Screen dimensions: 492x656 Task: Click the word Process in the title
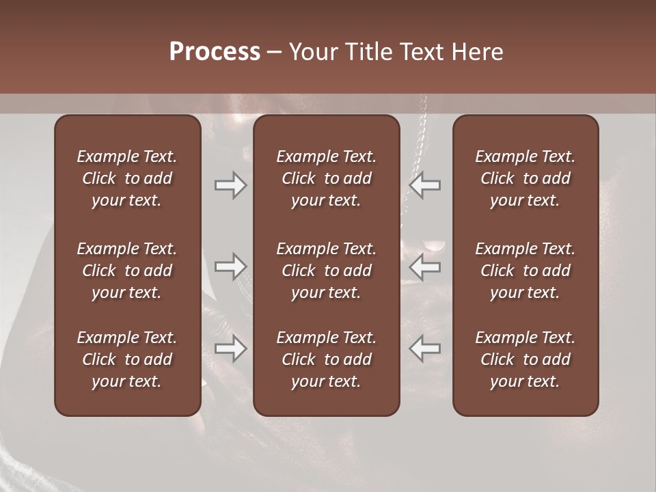pyautogui.click(x=215, y=52)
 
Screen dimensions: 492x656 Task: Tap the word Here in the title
pyautogui.click(x=478, y=52)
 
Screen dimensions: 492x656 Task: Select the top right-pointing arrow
pyautogui.click(x=231, y=185)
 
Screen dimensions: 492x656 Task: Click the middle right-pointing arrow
pyautogui.click(x=231, y=267)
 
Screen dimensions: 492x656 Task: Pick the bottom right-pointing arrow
pyautogui.click(x=231, y=348)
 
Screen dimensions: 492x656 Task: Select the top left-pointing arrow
pyautogui.click(x=424, y=185)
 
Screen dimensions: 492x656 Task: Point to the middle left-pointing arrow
pyautogui.click(x=424, y=267)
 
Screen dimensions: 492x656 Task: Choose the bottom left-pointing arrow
pyautogui.click(x=424, y=348)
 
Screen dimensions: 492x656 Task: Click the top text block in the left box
pyautogui.click(x=127, y=178)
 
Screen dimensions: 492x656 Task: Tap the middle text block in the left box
pyautogui.click(x=127, y=271)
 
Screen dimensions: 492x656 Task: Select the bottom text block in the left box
pyautogui.click(x=127, y=359)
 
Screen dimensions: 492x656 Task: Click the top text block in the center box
pyautogui.click(x=326, y=178)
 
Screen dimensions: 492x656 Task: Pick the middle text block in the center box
pyautogui.click(x=326, y=271)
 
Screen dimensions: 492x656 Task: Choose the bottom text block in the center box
pyautogui.click(x=326, y=359)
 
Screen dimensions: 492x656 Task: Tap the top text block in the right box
pyautogui.click(x=525, y=178)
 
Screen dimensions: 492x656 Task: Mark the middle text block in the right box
pyautogui.click(x=525, y=271)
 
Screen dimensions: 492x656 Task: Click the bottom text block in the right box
pyautogui.click(x=525, y=359)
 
